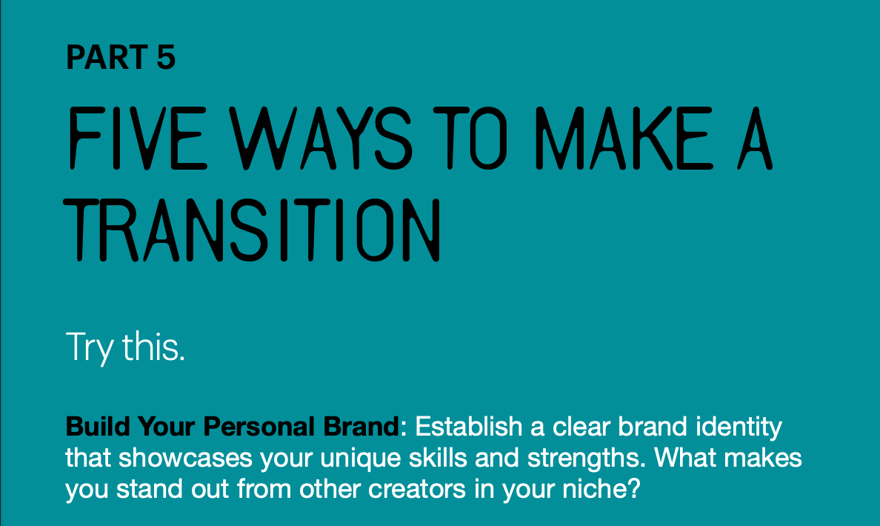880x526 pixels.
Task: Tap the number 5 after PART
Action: click(x=166, y=57)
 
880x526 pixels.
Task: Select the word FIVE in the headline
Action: click(x=138, y=138)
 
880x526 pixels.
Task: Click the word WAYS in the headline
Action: click(x=321, y=138)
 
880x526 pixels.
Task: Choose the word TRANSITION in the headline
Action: click(x=252, y=230)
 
